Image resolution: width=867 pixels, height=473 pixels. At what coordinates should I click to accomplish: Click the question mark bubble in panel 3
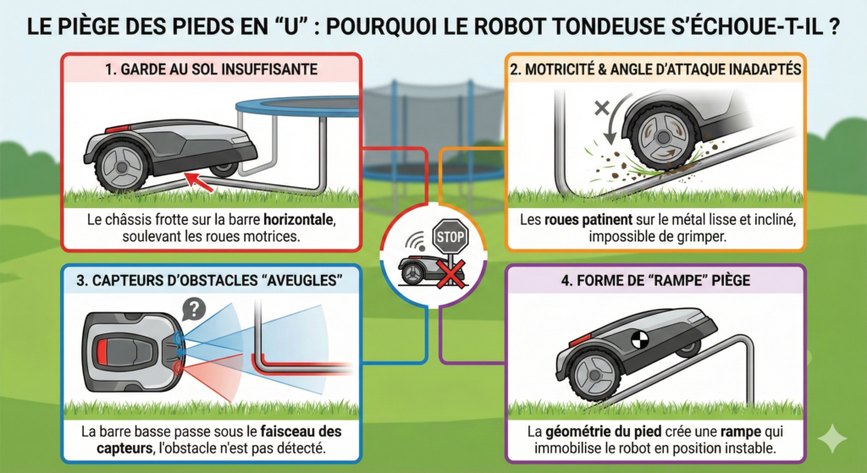[194, 309]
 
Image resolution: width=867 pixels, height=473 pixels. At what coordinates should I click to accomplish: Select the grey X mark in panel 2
[602, 109]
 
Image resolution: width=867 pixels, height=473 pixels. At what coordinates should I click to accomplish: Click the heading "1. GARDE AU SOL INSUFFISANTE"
[212, 68]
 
